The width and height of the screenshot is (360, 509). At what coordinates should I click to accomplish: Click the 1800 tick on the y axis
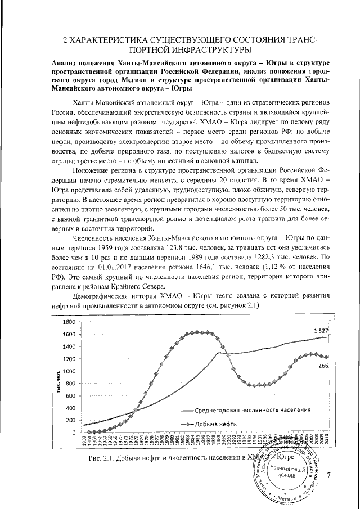[67, 322]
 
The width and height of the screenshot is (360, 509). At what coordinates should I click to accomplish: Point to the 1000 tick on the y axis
[67, 371]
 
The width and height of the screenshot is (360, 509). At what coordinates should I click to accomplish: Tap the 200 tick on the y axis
[70, 420]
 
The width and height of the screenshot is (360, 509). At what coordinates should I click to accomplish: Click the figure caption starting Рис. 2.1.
[169, 458]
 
